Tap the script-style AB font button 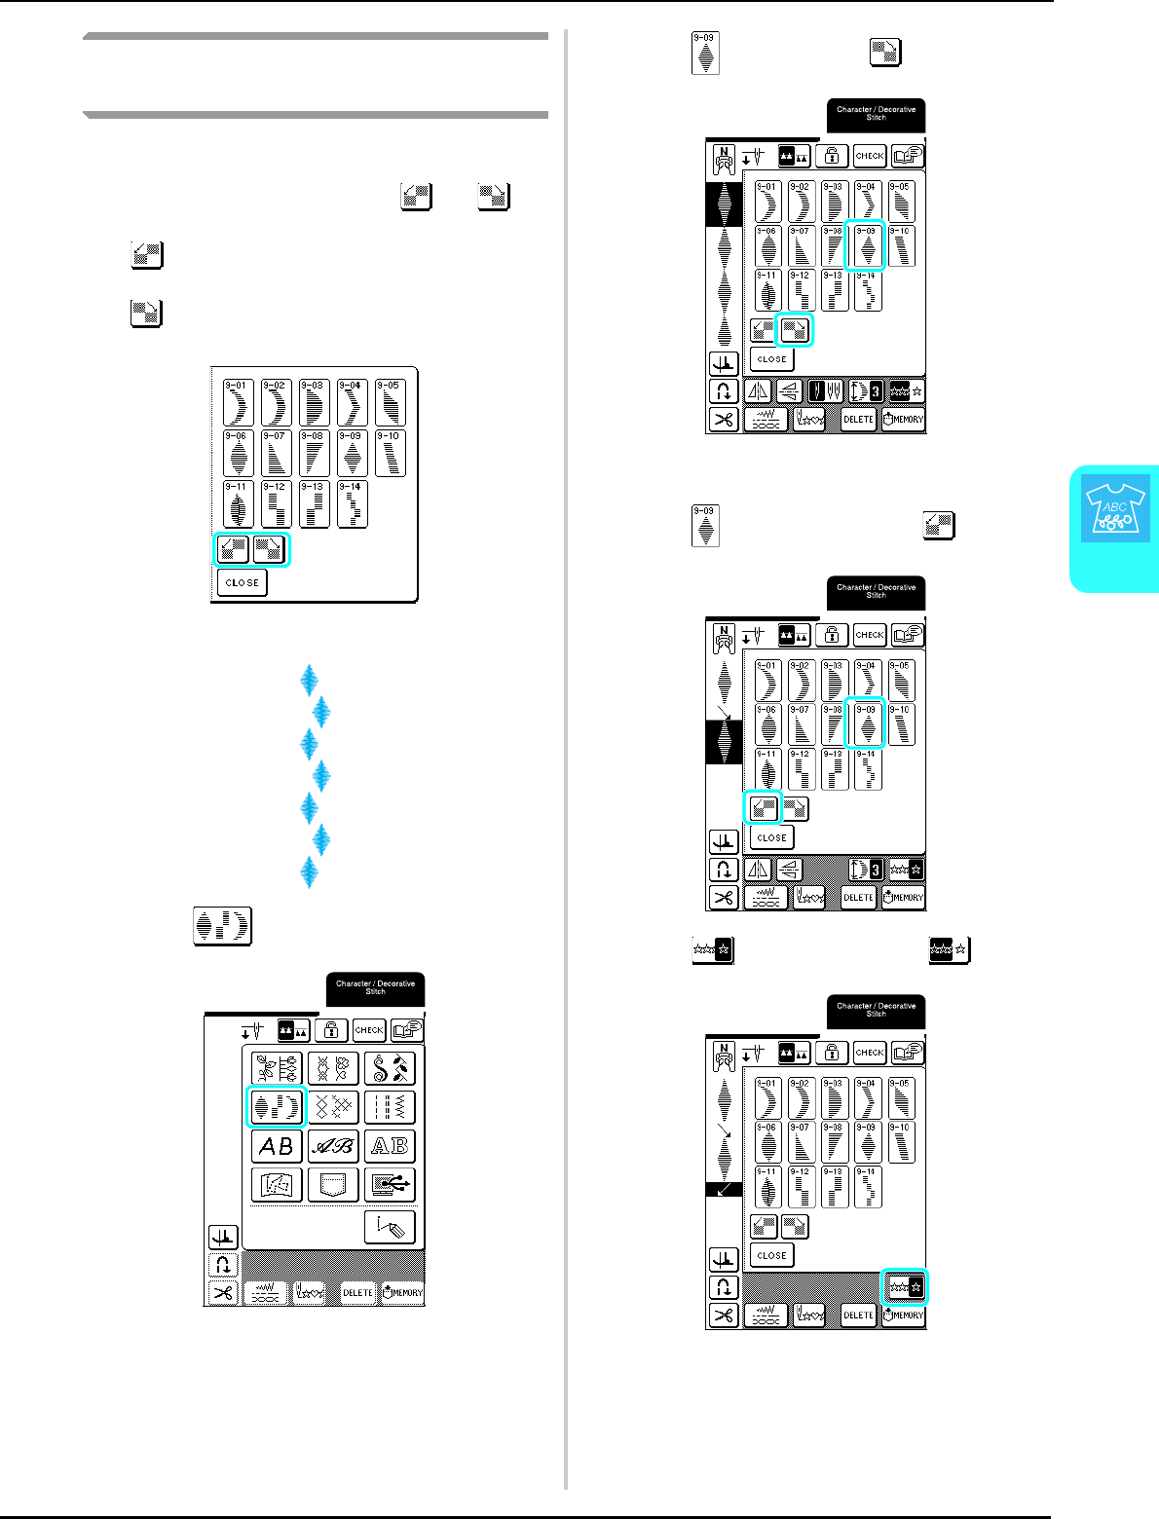point(333,1146)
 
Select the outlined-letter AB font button point(390,1146)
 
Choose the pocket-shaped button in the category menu point(333,1185)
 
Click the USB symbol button point(390,1185)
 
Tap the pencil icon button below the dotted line point(390,1228)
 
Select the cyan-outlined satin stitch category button point(277,1107)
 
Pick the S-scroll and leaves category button point(390,1068)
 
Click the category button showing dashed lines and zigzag point(390,1107)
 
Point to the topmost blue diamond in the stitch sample point(310,680)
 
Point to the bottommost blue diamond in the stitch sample point(310,871)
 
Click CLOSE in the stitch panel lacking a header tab point(242,582)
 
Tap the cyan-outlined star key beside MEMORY point(905,1287)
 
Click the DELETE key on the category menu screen point(357,1293)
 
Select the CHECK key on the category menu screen point(369,1030)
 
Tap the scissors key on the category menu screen point(223,1293)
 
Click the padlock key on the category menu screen point(331,1030)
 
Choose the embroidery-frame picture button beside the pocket point(277,1185)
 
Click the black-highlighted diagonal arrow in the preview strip point(724,1190)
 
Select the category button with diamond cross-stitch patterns point(333,1107)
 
